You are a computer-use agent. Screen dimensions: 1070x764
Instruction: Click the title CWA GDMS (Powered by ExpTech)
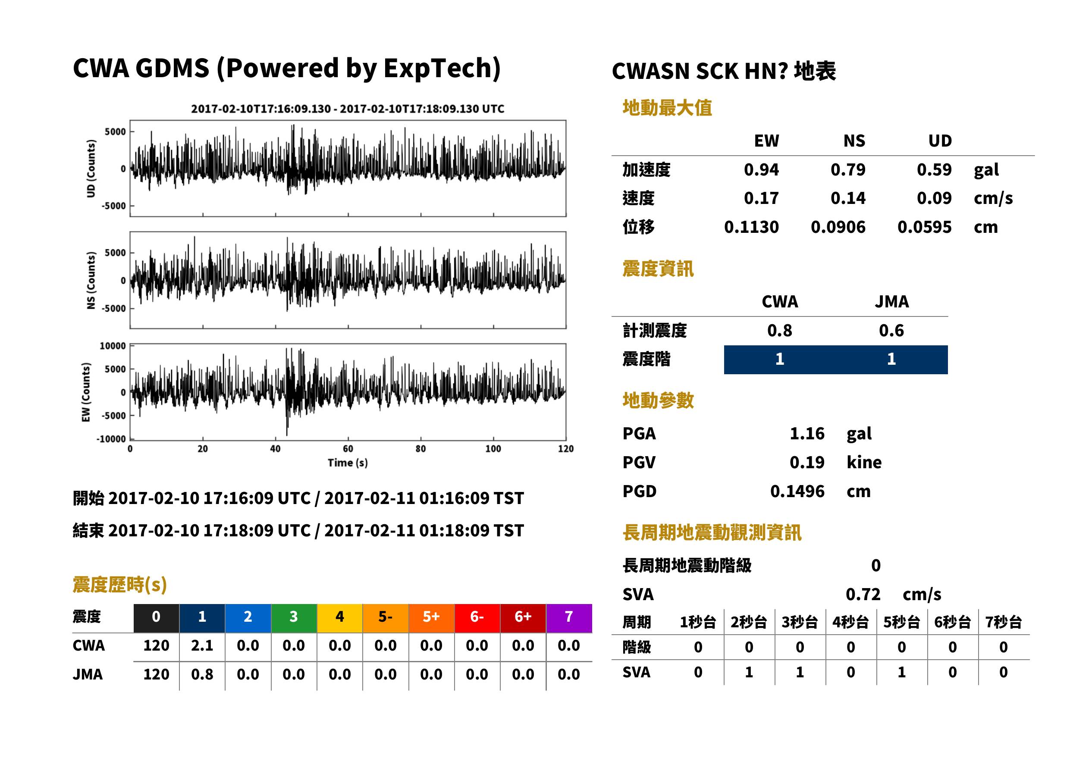(286, 68)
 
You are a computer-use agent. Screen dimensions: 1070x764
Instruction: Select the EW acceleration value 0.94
(761, 169)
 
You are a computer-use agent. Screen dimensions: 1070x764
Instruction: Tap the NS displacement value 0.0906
(838, 227)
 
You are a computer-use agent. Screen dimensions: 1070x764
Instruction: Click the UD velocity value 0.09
(934, 198)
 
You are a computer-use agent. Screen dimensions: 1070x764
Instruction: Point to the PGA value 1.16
(806, 433)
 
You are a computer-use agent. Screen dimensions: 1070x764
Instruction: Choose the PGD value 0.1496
(797, 491)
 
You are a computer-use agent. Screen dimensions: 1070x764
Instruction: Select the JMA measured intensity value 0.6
(891, 330)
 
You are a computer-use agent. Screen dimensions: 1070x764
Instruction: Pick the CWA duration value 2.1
(202, 645)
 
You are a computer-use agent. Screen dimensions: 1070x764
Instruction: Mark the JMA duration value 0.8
(202, 674)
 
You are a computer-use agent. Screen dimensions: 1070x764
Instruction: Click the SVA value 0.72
(863, 594)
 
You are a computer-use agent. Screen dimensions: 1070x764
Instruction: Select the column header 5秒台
(901, 623)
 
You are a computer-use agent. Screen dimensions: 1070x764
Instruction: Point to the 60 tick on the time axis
(348, 449)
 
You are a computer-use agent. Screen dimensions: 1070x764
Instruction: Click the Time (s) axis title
(348, 463)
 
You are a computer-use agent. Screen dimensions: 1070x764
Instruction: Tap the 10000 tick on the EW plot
(113, 346)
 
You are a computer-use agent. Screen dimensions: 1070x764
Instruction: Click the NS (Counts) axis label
(91, 280)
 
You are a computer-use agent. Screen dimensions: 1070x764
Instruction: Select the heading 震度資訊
(658, 269)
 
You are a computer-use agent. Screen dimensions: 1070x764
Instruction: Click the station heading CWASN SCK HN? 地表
(724, 72)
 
